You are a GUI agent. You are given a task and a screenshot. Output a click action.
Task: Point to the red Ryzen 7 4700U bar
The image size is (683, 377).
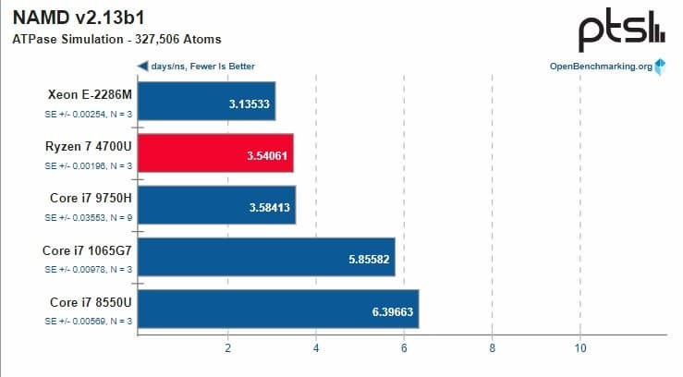[x=215, y=152]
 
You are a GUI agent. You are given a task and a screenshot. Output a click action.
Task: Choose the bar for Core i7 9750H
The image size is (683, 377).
[x=216, y=205]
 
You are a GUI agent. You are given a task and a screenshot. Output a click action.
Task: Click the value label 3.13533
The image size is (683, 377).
[x=249, y=103]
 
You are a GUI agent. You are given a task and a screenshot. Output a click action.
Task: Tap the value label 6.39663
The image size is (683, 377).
[x=393, y=312]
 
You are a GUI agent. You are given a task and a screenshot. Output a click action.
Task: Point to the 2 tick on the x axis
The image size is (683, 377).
[x=227, y=347]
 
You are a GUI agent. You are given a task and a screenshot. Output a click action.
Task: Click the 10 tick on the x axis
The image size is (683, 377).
[x=579, y=347]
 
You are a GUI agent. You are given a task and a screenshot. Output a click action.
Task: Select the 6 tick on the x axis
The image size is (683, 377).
[x=404, y=347]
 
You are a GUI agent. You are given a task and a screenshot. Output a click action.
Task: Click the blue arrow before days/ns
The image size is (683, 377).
[x=142, y=67]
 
